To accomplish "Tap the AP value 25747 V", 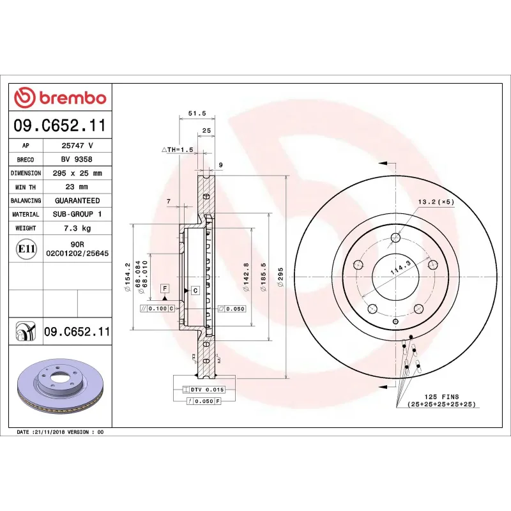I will (77, 146).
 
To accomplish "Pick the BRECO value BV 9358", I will (77, 160).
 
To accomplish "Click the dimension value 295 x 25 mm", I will (77, 173).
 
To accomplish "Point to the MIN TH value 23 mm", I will (77, 187).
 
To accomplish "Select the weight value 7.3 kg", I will (77, 228).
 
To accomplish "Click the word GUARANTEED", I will (77, 201).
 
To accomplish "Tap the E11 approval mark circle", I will (25, 248).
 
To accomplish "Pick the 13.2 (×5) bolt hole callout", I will (436, 202).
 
